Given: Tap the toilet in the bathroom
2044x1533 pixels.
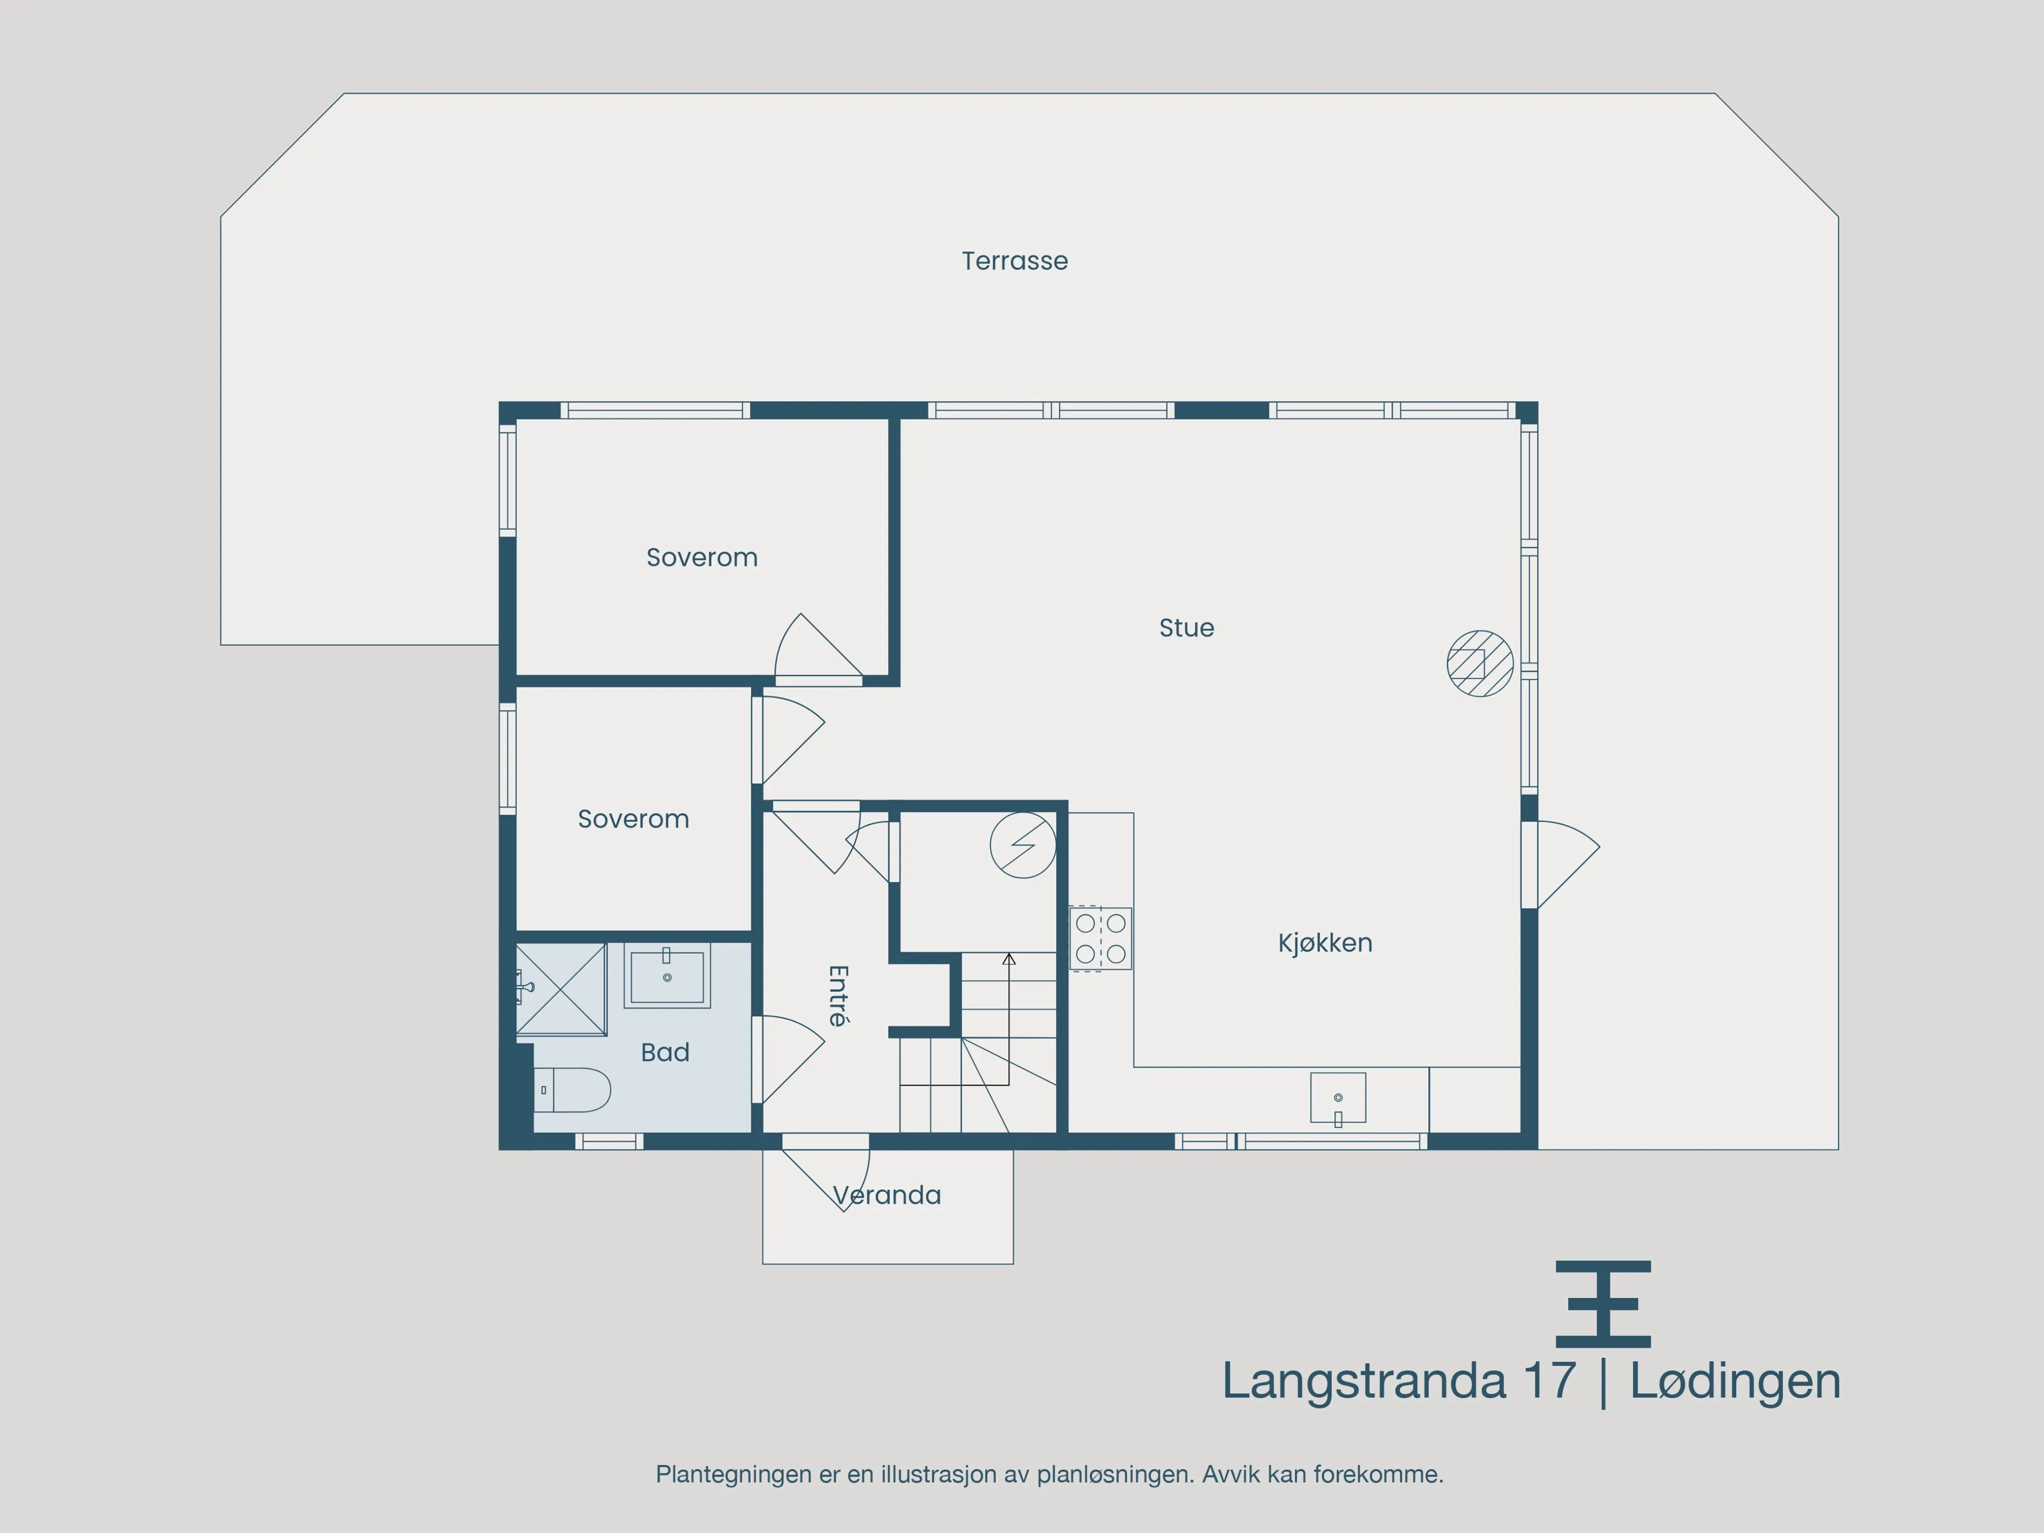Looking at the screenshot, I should click(573, 1089).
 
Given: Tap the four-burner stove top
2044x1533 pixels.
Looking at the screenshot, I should click(1100, 938).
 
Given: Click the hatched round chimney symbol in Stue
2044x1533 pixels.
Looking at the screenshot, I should click(1480, 664).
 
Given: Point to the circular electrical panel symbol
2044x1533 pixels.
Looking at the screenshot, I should click(1023, 845).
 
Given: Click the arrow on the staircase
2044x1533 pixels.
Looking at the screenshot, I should click(1009, 961).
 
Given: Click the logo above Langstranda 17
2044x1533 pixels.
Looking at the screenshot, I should click(1603, 1304).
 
